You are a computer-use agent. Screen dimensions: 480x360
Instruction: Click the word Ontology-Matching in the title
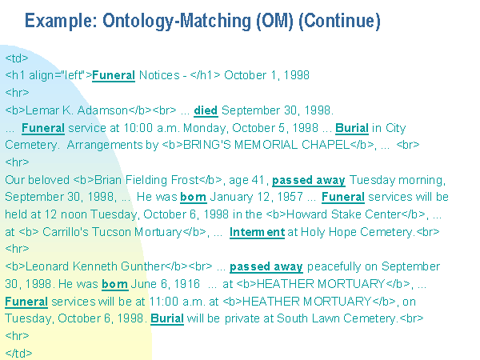coord(176,22)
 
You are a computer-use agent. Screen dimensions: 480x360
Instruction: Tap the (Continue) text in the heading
coord(339,22)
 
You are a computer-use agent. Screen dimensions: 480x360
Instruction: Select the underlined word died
coord(206,110)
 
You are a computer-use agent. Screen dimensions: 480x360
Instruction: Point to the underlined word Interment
coord(257,232)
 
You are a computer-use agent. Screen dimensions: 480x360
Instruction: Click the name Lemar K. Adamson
coord(77,110)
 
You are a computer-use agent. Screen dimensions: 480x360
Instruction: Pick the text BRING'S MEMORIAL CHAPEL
coord(266,145)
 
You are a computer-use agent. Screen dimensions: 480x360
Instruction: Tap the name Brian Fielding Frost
coord(146,180)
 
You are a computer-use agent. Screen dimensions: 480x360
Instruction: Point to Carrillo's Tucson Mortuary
coord(112,232)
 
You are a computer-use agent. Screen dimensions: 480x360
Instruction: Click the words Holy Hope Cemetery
coord(357,232)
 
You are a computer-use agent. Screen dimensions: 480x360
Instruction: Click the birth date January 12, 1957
coord(257,197)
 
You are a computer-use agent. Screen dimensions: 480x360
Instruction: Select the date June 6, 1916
coord(166,284)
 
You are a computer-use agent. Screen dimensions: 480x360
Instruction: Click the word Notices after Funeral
coord(159,75)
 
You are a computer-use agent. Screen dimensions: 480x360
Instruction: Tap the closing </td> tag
coord(18,354)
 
